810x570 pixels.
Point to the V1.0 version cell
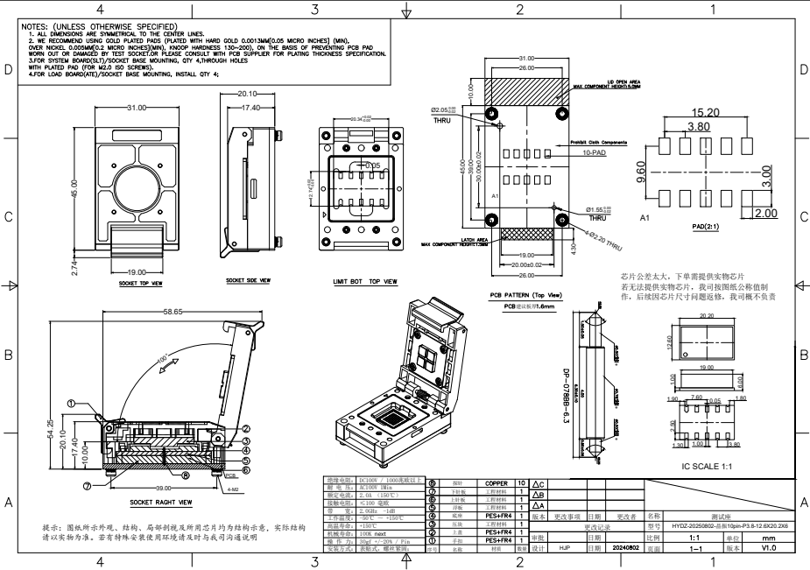tap(770, 548)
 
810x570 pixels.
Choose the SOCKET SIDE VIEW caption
tap(246, 281)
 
